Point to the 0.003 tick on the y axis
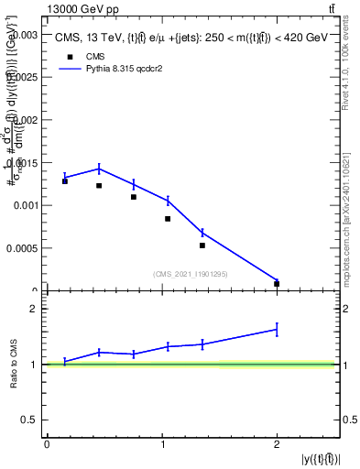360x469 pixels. click(25, 34)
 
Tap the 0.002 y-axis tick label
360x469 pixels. click(25, 119)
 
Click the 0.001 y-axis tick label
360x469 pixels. click(25, 205)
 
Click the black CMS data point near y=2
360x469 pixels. click(277, 284)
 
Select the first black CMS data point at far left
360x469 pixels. click(65, 181)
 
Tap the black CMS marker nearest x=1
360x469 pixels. click(168, 219)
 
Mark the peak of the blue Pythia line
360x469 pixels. click(99, 169)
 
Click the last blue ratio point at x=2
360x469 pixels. click(277, 329)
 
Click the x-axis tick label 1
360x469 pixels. click(162, 444)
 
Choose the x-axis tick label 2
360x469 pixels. click(277, 444)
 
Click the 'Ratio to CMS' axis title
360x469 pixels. click(13, 364)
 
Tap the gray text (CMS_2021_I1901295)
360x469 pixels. click(191, 274)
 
